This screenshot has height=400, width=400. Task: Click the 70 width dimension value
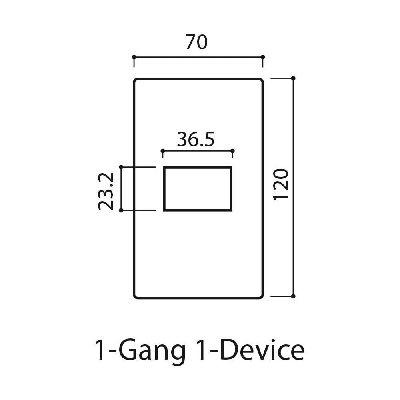pyautogui.click(x=196, y=42)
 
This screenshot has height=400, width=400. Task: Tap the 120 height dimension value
pyautogui.click(x=281, y=184)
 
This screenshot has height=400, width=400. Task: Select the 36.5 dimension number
pyautogui.click(x=196, y=139)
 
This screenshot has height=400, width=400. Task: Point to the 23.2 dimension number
pyautogui.click(x=106, y=191)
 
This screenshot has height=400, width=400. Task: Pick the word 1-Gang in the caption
pyautogui.click(x=140, y=352)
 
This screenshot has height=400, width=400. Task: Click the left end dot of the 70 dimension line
pyautogui.click(x=134, y=57)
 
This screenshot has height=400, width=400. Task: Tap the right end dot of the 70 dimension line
pyautogui.click(x=263, y=57)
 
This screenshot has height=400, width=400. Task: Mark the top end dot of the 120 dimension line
pyautogui.click(x=293, y=78)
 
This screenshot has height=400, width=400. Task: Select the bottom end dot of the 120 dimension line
pyautogui.click(x=293, y=296)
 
